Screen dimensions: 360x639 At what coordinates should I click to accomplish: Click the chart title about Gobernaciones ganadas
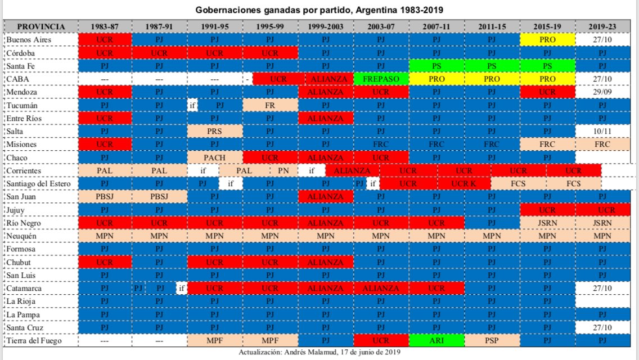coord(319,10)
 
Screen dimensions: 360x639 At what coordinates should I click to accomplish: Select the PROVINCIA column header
coord(40,27)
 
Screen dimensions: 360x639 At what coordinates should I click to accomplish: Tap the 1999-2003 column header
coord(326,27)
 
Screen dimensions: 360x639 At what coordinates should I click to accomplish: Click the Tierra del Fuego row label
coord(33,340)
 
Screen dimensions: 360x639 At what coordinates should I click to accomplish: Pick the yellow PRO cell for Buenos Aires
coord(547,40)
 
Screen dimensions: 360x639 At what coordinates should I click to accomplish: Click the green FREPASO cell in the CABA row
coord(381,79)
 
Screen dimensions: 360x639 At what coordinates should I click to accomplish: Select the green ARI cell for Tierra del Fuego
coord(436,340)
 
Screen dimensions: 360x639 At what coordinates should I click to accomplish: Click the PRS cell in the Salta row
coord(215,131)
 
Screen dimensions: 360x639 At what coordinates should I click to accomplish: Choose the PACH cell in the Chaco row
coord(215,157)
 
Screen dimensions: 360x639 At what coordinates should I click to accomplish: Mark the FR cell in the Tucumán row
coord(270,105)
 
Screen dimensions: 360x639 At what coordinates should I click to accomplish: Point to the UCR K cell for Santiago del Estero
coord(463,183)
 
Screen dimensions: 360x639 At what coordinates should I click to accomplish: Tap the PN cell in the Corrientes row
coord(283,170)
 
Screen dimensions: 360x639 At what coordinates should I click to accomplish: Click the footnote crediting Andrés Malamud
coord(319,353)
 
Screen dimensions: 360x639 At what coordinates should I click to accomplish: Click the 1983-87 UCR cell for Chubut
coord(105,262)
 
